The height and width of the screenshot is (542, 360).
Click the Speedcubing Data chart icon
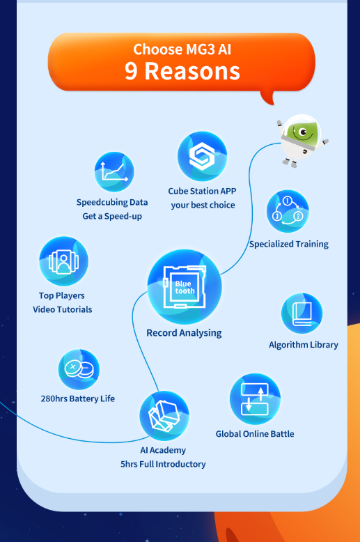coord(114,172)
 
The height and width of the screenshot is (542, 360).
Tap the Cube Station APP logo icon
coord(202,156)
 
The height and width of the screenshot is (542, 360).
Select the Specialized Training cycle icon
coord(288,211)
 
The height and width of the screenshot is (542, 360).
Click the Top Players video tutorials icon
coord(63,261)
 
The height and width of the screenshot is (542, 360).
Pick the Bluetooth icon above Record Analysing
coord(185,286)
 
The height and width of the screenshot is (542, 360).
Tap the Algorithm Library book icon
coord(302,313)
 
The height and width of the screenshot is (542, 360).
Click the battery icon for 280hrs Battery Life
coord(79,369)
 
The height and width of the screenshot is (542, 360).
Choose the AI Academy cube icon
coord(164,415)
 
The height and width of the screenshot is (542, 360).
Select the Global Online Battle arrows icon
coord(255,399)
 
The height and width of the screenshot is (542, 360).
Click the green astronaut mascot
coord(302,140)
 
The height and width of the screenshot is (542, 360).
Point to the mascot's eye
coord(304,132)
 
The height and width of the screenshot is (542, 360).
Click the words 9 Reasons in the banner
coord(182,71)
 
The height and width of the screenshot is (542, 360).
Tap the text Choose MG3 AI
coord(182,49)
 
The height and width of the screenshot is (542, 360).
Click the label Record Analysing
coord(184,333)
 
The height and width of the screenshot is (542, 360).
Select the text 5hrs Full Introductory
coord(163,464)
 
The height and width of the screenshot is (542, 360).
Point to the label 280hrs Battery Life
coord(78,398)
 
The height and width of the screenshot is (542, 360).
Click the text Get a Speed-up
coord(112,217)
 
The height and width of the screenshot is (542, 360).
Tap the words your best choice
coord(203,205)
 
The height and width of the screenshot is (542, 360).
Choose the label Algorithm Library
coord(304,345)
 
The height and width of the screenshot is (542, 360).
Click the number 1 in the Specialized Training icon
coord(287,201)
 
